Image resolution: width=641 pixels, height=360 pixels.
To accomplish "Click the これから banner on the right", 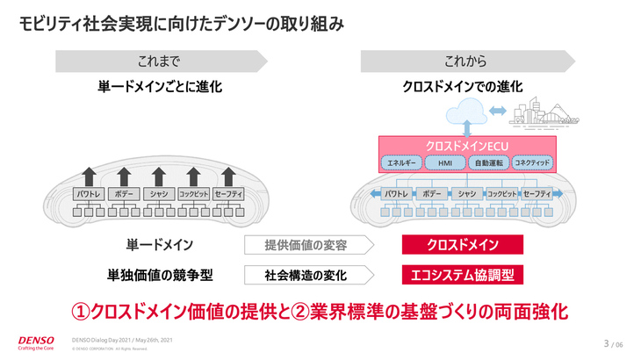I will pyautogui.click(x=465, y=61).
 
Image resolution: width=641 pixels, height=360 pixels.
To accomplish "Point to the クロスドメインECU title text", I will pyautogui.click(x=463, y=145).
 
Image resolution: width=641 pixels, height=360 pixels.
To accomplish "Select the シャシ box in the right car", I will pyautogui.click(x=466, y=193).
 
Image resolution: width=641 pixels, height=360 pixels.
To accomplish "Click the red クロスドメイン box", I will pyautogui.click(x=463, y=244).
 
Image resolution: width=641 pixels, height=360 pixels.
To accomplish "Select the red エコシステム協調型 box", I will pyautogui.click(x=463, y=275).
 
